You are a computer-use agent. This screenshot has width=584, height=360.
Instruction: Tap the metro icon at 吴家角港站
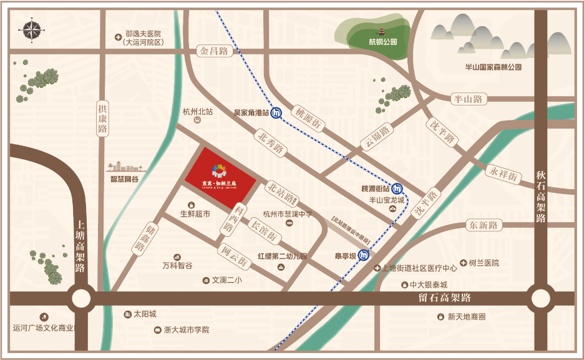coord(276,113)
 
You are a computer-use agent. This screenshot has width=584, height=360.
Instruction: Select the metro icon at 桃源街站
coord(397,188)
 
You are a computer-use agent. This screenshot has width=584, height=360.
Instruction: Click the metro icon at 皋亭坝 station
coord(364,255)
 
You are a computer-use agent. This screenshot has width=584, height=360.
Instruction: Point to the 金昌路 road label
coord(213,51)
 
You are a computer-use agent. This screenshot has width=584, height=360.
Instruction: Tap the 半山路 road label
coord(468,99)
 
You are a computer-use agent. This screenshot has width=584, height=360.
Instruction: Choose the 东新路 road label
coord(484,225)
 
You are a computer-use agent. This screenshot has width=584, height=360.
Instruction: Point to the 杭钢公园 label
coord(382,42)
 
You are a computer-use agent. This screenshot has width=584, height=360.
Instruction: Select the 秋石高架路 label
coord(540,197)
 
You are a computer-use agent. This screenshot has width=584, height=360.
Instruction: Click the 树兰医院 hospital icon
coord(463,263)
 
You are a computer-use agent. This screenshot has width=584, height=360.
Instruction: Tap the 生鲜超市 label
coord(195,214)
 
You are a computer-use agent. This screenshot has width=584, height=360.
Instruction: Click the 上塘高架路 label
coord(80,246)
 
